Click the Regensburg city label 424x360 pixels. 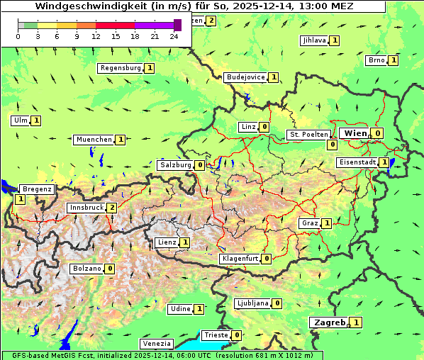(x=121, y=68)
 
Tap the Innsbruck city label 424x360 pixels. (x=86, y=208)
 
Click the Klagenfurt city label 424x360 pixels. (x=239, y=259)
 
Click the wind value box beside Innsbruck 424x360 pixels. (x=111, y=208)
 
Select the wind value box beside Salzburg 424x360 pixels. (x=200, y=165)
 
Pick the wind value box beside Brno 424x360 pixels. (x=394, y=60)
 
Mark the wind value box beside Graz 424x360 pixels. (x=326, y=223)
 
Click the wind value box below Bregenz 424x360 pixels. (x=20, y=200)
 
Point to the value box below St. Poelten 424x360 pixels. (x=331, y=145)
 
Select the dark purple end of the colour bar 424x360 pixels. (x=177, y=25)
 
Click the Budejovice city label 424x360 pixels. (x=246, y=77)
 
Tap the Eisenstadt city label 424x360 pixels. (x=357, y=162)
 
